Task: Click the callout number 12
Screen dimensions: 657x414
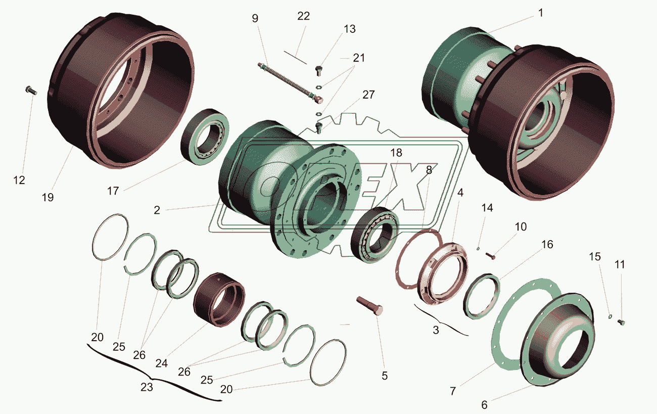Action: click(x=19, y=180)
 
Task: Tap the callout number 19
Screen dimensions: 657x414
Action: click(x=48, y=198)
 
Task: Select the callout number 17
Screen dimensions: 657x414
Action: click(x=113, y=191)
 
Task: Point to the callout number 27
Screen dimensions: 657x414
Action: click(x=368, y=95)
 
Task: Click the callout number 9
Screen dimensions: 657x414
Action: click(x=255, y=18)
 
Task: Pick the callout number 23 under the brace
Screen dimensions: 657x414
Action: click(x=147, y=387)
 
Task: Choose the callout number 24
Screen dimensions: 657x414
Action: click(x=161, y=363)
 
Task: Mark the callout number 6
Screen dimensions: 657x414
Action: click(x=484, y=405)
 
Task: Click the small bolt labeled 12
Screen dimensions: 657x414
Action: click(x=31, y=90)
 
